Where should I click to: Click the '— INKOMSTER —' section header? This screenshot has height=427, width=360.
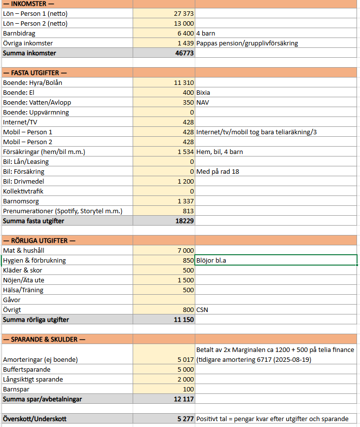click(x=29, y=4)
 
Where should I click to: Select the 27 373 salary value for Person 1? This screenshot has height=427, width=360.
click(x=184, y=14)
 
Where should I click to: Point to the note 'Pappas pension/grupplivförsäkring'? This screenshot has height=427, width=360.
click(x=247, y=43)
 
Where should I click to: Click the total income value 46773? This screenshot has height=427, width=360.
click(x=184, y=53)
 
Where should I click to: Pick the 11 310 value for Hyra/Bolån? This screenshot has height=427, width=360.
click(x=184, y=83)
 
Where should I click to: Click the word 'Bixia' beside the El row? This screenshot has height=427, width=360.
click(x=203, y=93)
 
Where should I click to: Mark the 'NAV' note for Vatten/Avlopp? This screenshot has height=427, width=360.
click(x=203, y=103)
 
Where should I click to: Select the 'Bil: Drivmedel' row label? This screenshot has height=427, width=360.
click(x=23, y=182)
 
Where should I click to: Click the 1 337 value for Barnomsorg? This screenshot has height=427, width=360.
click(x=185, y=201)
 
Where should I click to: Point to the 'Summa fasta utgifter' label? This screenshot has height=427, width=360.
click(x=34, y=221)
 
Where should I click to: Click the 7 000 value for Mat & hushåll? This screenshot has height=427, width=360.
click(x=185, y=251)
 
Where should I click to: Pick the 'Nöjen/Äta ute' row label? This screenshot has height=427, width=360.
click(x=23, y=280)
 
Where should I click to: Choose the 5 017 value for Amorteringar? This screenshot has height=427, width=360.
click(x=185, y=359)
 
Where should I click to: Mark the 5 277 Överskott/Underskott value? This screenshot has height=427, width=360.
click(x=185, y=419)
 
